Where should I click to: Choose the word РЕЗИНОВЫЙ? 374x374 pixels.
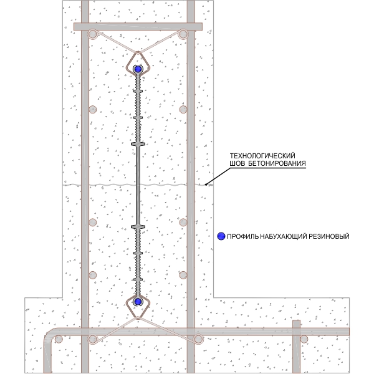(328, 236)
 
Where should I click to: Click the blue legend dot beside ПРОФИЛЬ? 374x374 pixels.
(220, 236)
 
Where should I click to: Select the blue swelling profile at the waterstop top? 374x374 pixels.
(138, 68)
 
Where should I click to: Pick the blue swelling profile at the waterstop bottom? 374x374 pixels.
(138, 302)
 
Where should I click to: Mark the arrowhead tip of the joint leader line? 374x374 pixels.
(206, 185)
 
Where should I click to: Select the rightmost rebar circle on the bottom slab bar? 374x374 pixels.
(305, 338)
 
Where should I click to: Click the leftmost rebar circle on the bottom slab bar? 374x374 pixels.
(59, 339)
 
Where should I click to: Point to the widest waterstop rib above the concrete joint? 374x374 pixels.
(138, 143)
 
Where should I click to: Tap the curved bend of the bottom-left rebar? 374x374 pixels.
(50, 334)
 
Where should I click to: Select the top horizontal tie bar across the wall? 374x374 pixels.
(138, 27)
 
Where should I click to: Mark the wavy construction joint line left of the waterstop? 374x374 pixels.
(100, 185)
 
